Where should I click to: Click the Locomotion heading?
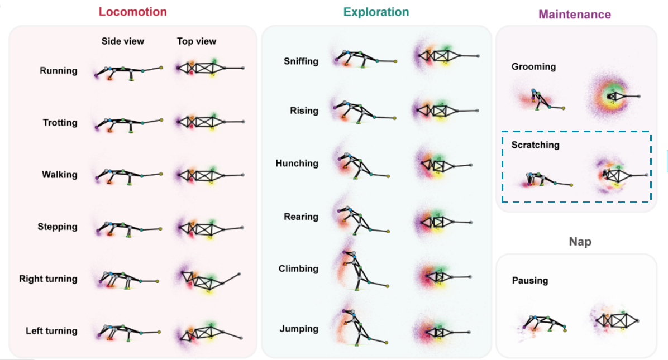pyautogui.click(x=132, y=11)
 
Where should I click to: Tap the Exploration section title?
pyautogui.click(x=376, y=12)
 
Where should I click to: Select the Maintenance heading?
pyautogui.click(x=574, y=15)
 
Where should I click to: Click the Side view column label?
pyautogui.click(x=122, y=41)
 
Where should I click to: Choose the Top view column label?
pyautogui.click(x=197, y=41)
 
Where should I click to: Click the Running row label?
pyautogui.click(x=58, y=71)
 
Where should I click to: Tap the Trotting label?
pyautogui.click(x=60, y=123)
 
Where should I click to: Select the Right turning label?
pyautogui.click(x=48, y=279)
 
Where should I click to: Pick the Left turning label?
pyautogui.click(x=51, y=331)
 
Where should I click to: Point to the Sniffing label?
pyautogui.click(x=300, y=61)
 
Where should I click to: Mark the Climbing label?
pyautogui.click(x=298, y=268)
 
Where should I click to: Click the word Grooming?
pyautogui.click(x=533, y=67)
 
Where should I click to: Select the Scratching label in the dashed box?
pyautogui.click(x=535, y=145)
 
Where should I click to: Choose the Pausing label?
pyautogui.click(x=530, y=281)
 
